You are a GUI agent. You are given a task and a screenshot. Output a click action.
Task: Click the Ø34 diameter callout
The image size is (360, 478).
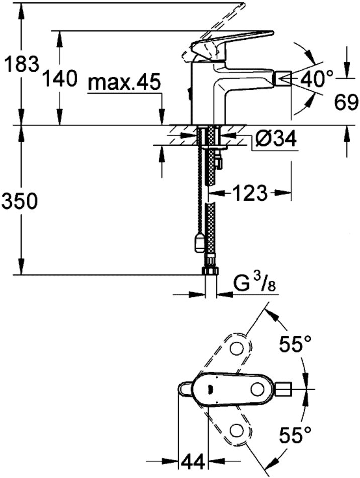276,139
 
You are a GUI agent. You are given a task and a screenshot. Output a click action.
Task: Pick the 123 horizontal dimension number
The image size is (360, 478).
250,193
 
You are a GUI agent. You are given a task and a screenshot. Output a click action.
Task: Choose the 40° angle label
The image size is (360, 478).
316,78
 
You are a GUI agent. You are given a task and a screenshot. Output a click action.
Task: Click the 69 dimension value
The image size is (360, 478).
346,102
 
